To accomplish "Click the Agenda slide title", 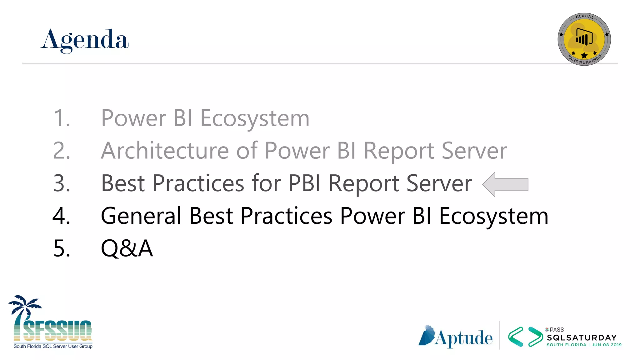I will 84,40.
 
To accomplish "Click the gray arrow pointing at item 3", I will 505,184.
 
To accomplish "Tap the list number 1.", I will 62,118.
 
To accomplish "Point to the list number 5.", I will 62,248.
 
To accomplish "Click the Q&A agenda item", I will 127,248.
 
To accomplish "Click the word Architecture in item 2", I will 165,151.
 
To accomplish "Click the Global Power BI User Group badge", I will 584,39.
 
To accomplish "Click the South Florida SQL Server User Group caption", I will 53,346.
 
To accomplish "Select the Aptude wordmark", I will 463,338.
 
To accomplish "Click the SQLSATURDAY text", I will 582,338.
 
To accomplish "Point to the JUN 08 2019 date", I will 607,345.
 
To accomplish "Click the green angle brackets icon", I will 525,337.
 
